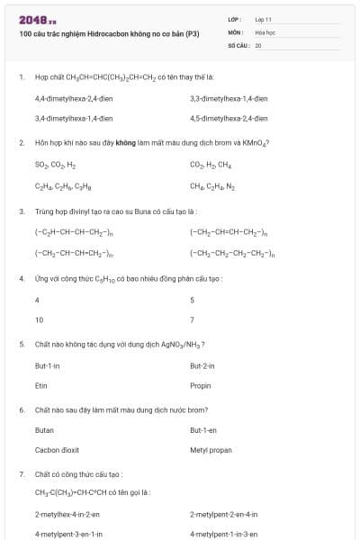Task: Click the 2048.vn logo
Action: tap(37, 20)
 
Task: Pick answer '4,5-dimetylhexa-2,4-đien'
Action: tap(229, 118)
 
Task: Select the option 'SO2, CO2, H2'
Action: tap(56, 166)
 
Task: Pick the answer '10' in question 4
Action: tap(39, 319)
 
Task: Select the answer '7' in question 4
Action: tap(192, 319)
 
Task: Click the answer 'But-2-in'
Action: tap(202, 365)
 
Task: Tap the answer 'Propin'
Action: tap(201, 386)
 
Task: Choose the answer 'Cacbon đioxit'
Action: tap(58, 450)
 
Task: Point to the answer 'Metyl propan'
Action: tap(211, 450)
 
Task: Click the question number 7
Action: tap(21, 473)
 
